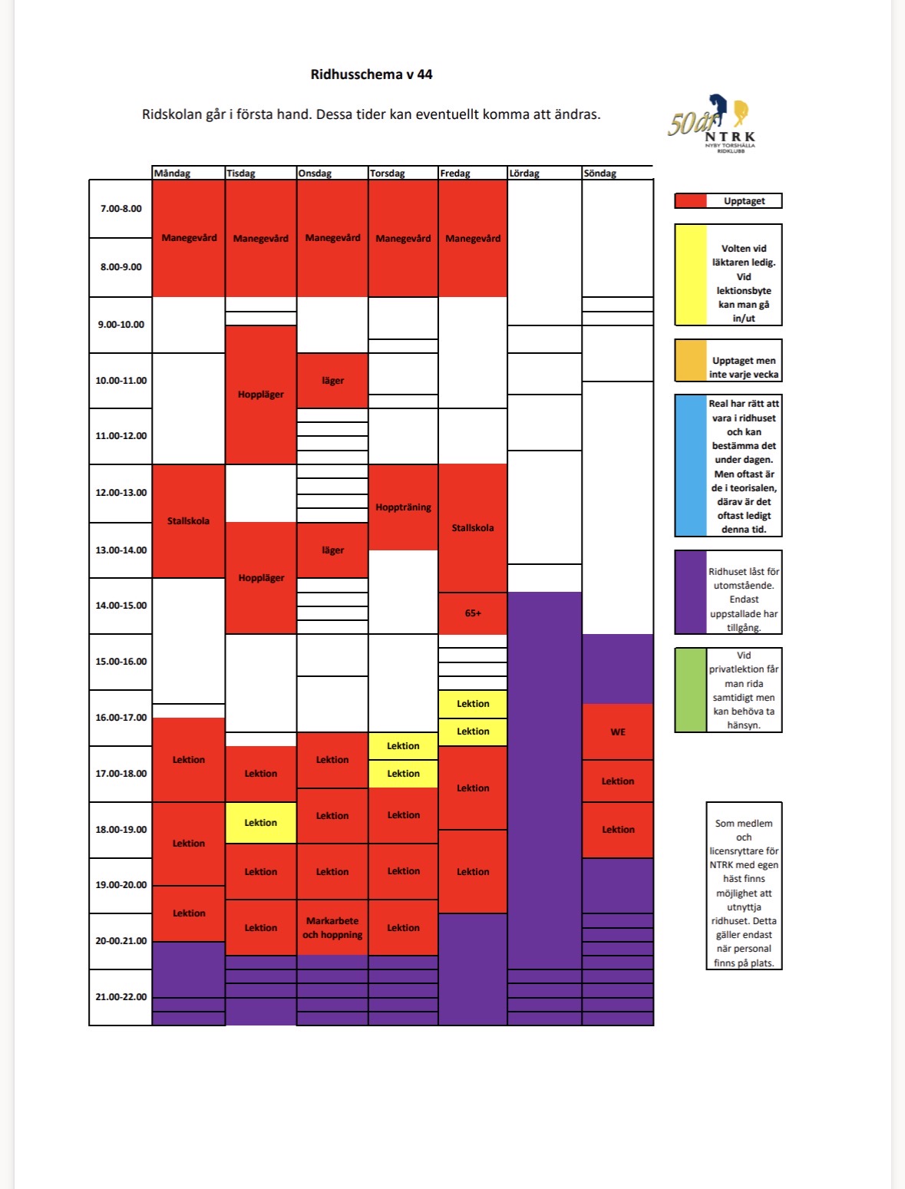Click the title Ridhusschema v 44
(371, 74)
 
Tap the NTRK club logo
(712, 124)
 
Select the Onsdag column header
(315, 173)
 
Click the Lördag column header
(524, 173)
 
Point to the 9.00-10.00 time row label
(121, 325)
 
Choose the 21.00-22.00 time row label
(121, 996)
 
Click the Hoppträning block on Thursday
(403, 507)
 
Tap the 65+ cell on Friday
(473, 613)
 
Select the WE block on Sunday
(617, 732)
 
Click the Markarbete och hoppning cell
(332, 927)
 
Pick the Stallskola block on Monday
(189, 520)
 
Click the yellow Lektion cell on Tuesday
(260, 822)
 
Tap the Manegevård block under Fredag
(473, 239)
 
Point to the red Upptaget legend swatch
(691, 201)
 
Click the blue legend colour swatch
(691, 465)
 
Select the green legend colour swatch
(691, 690)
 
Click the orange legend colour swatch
(691, 360)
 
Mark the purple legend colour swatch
(691, 592)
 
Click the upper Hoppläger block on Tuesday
(260, 395)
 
